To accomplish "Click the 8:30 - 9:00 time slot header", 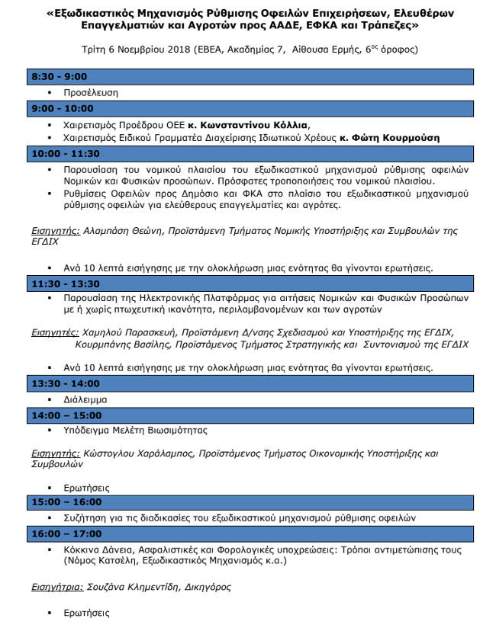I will click(x=59, y=76).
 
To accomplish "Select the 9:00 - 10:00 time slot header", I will click(x=62, y=108).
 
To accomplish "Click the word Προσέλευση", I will click(x=91, y=93).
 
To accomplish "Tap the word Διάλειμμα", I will click(x=86, y=399).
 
